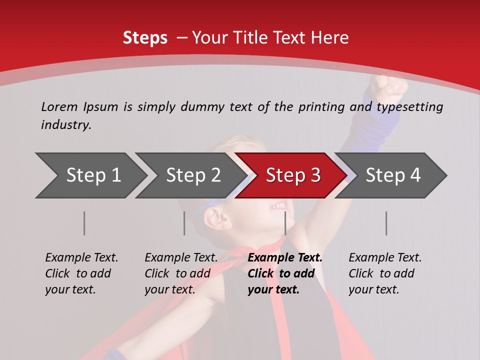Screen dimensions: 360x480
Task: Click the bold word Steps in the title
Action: pos(145,38)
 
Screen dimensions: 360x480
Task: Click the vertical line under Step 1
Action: pos(84,223)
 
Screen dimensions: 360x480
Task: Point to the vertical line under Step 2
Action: pos(184,223)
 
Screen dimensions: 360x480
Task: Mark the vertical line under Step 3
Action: pos(285,223)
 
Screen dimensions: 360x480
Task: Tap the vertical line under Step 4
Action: pos(386,223)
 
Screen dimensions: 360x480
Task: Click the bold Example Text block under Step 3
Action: pos(285,273)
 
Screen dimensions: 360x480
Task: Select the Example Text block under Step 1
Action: pos(81,273)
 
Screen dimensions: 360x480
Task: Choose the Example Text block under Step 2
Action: pos(181,273)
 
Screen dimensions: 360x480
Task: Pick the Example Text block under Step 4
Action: pos(385,273)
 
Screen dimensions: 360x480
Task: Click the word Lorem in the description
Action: pos(58,106)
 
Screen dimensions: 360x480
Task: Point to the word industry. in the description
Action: pos(66,125)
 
